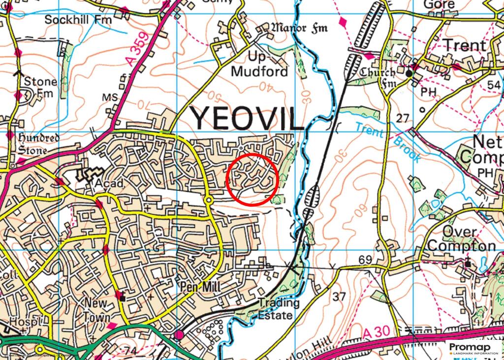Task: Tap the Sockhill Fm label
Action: (x=78, y=20)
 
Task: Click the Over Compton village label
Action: (x=461, y=239)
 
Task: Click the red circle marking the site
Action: (x=253, y=179)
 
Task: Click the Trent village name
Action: (x=465, y=45)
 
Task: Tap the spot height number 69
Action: (x=364, y=260)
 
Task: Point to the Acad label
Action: (x=104, y=183)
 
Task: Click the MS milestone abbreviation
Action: (x=110, y=98)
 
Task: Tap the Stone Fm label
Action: (x=40, y=87)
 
